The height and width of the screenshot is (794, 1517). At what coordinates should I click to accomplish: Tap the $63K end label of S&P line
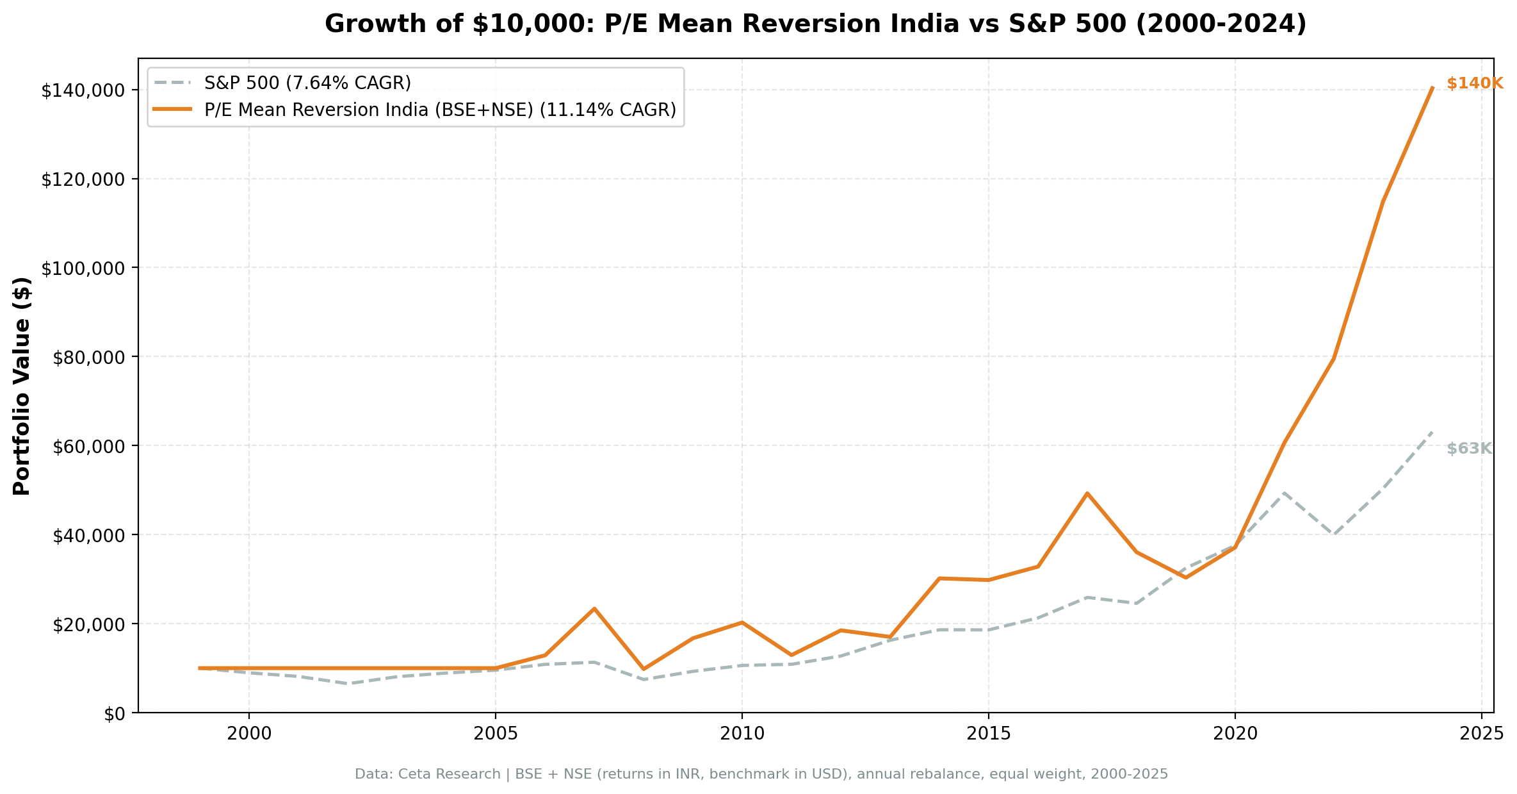pos(1469,449)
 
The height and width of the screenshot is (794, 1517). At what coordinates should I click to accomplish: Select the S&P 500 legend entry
pos(307,83)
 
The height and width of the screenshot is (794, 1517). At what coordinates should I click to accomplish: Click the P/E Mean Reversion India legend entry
pos(440,110)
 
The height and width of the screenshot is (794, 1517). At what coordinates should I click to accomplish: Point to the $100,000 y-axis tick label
pos(82,268)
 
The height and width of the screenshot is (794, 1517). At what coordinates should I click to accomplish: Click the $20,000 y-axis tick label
pos(82,624)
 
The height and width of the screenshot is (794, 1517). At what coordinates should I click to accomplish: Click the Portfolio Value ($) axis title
pos(22,386)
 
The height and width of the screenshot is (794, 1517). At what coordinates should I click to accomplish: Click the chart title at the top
pos(815,24)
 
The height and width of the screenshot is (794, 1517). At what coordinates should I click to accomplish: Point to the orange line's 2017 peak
pos(1087,493)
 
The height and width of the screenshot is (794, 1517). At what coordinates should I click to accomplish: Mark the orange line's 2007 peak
pos(594,608)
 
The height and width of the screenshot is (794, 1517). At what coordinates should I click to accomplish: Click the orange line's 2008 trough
pos(643,669)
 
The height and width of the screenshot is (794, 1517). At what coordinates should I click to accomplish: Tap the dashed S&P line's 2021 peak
pos(1284,492)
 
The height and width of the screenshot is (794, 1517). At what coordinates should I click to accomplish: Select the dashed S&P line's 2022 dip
pos(1333,534)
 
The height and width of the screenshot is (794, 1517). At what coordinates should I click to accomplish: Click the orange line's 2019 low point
pos(1185,577)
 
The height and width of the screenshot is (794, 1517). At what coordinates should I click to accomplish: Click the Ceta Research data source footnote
pos(761,774)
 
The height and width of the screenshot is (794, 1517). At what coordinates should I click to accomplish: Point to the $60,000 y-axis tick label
pos(82,446)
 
